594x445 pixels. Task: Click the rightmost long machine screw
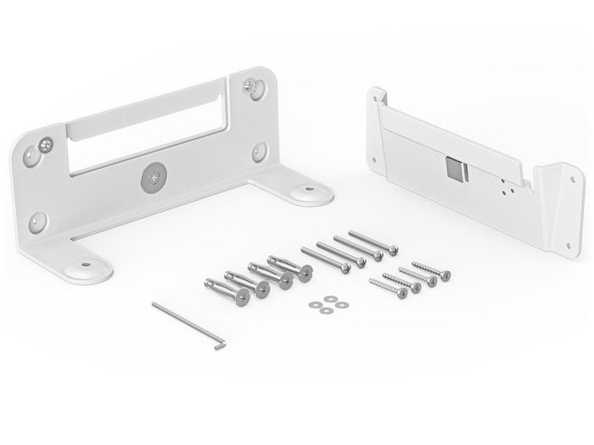click(373, 243)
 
